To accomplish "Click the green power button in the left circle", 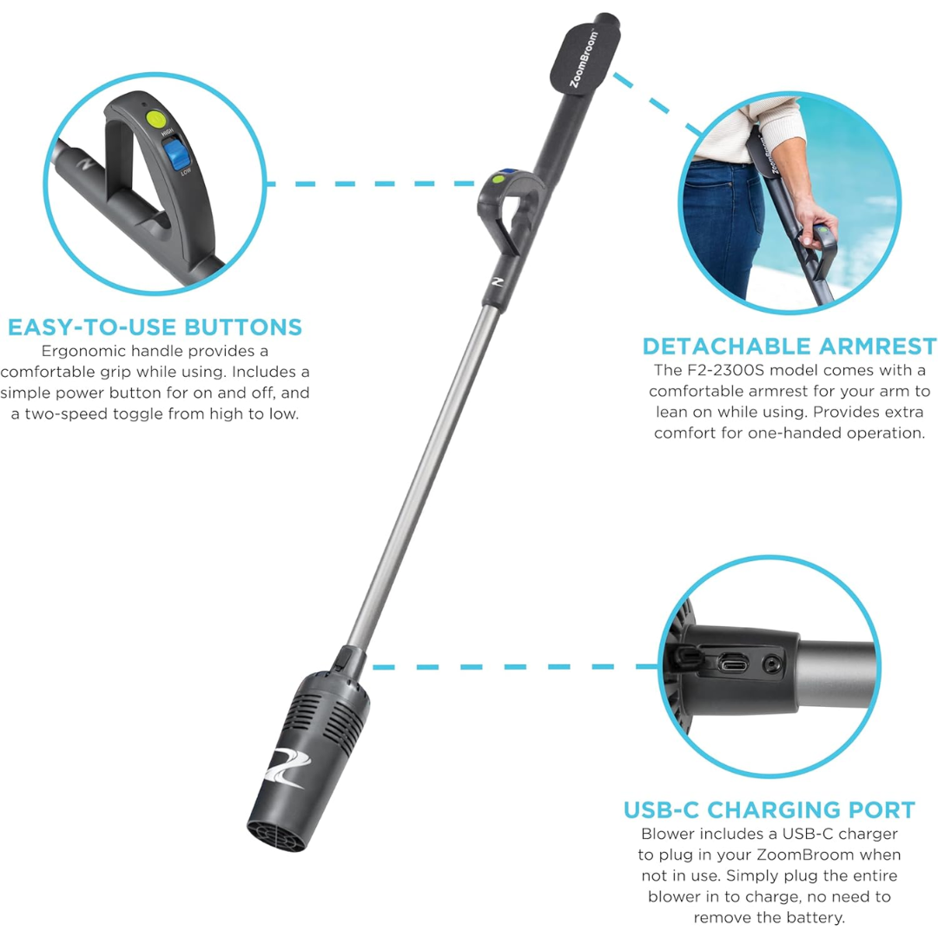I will (x=156, y=119).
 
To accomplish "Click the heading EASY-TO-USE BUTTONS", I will (x=155, y=327).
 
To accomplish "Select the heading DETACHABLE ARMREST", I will (x=789, y=345).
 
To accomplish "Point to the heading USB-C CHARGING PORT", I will (x=769, y=809).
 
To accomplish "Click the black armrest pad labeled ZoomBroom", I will (x=591, y=60).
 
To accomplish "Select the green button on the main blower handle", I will (x=499, y=182).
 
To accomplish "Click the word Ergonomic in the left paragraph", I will (x=83, y=351).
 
